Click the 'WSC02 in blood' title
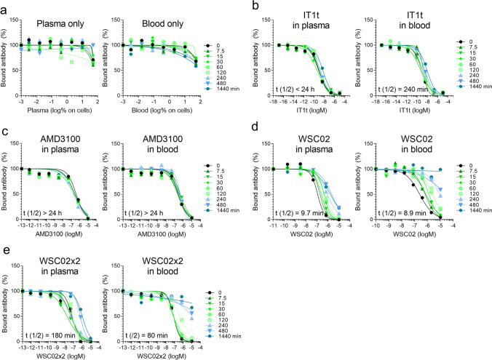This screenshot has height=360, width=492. (x=396, y=139)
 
